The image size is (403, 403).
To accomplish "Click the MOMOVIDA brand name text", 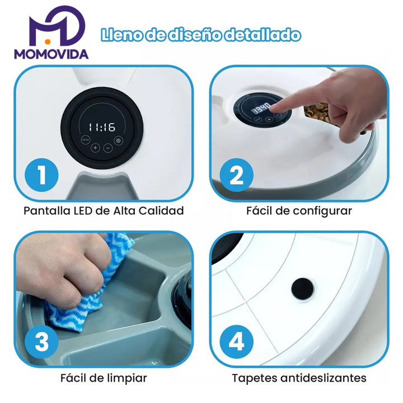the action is tap(51, 54).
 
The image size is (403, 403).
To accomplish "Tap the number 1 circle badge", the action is tap(41, 175).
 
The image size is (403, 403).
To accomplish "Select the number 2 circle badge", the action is tap(236, 175).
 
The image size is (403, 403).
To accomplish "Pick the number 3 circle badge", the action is tap(41, 342).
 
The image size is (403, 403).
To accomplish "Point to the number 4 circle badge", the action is tap(236, 342).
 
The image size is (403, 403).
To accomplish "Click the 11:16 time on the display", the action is tap(102, 127).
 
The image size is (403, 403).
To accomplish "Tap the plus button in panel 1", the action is tap(95, 148).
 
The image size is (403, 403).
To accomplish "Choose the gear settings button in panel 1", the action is tap(118, 140).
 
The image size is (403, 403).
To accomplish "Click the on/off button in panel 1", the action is tap(85, 139).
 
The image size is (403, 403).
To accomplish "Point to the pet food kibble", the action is tap(317, 113).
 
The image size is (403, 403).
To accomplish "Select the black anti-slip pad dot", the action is tap(302, 289).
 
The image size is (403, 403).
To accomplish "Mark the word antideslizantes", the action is tap(324, 378).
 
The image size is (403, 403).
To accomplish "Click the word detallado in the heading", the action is tap(262, 35).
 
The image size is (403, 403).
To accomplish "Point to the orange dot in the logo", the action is tap(47, 41).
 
